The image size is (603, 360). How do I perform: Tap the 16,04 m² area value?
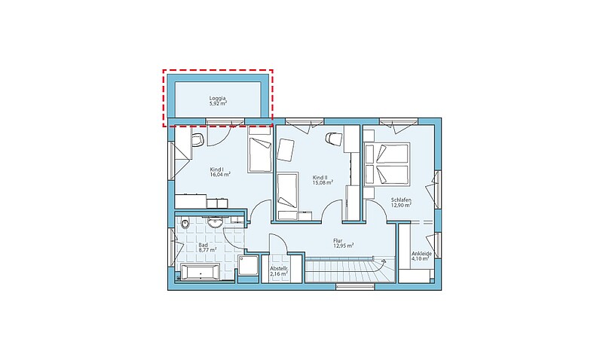(220, 175)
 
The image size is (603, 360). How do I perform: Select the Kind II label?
(320, 178)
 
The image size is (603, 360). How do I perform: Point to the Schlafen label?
(401, 200)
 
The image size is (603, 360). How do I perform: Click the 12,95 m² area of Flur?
(344, 246)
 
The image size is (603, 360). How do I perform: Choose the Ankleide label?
(421, 254)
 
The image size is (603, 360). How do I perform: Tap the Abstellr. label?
(279, 269)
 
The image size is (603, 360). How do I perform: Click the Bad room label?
(203, 245)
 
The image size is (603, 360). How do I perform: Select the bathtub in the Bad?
(200, 273)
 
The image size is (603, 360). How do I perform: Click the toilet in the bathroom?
(185, 223)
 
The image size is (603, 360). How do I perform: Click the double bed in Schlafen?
(386, 163)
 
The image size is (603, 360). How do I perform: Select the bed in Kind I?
(260, 154)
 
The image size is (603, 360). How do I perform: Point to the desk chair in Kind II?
(333, 139)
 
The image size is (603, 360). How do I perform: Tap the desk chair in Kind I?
(197, 139)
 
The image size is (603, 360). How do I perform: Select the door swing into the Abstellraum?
(277, 243)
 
